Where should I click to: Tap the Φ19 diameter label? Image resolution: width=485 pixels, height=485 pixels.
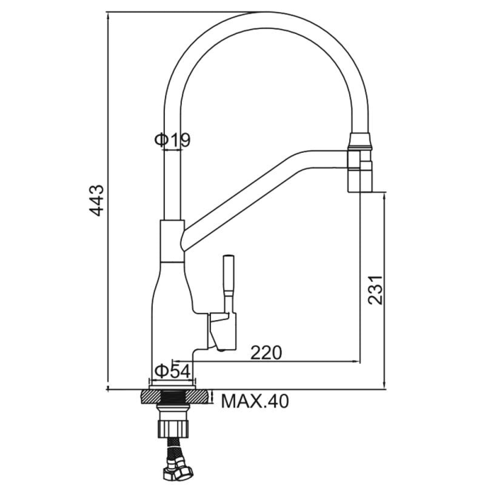tap(172, 140)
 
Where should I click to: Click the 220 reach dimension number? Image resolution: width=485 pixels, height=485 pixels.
tap(266, 352)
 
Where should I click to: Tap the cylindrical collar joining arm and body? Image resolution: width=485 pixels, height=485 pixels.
tap(172, 241)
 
